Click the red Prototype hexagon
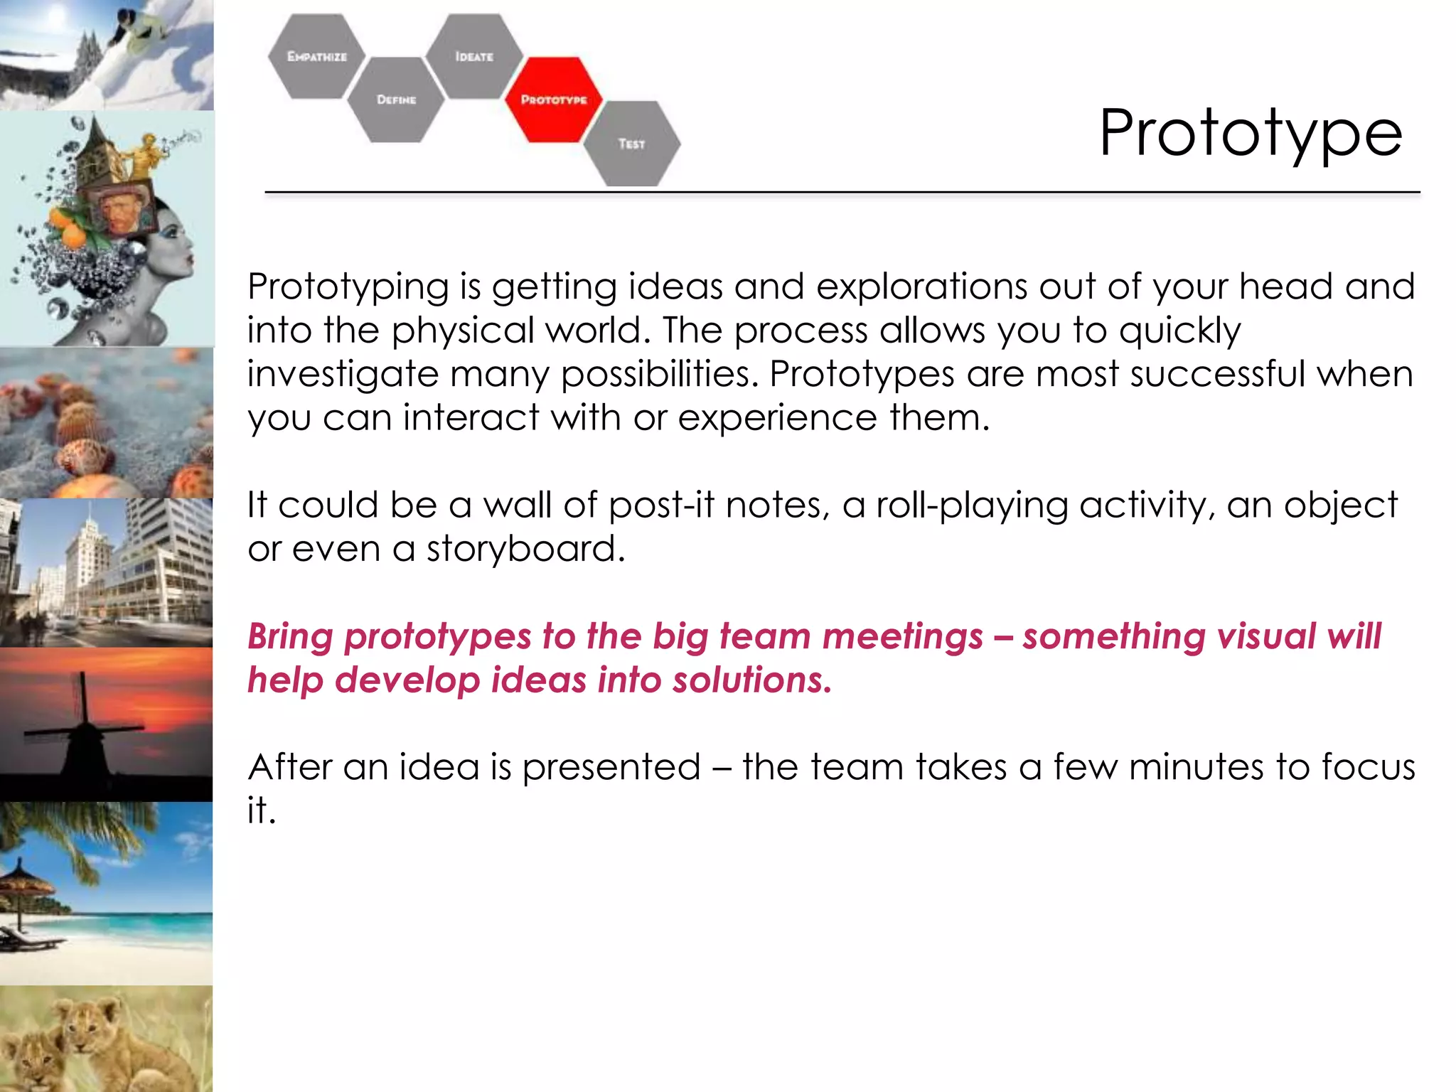553,100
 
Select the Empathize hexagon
316,56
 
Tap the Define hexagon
396,100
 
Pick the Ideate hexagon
474,56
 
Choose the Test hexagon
631,144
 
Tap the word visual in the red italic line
1266,636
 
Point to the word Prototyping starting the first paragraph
348,287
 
